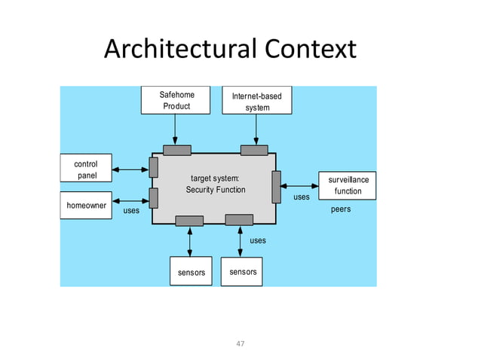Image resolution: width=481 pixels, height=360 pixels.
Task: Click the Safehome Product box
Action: (176, 100)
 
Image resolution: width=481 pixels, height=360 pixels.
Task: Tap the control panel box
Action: (85, 169)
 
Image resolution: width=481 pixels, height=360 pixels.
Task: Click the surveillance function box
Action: (348, 185)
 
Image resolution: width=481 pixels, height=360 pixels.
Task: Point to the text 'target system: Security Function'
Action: (216, 184)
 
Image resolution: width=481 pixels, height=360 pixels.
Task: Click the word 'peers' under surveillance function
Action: (341, 209)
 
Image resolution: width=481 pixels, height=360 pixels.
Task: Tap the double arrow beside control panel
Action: (130, 169)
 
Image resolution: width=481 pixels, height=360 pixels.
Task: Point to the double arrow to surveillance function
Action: (300, 185)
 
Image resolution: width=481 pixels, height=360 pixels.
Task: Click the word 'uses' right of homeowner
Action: (131, 211)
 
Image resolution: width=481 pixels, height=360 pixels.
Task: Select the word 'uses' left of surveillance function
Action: (301, 197)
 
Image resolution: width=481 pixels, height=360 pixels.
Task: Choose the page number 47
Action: (240, 343)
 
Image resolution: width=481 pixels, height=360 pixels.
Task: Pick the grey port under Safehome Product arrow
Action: (176, 150)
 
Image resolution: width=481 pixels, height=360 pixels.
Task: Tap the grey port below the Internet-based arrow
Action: (254, 150)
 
